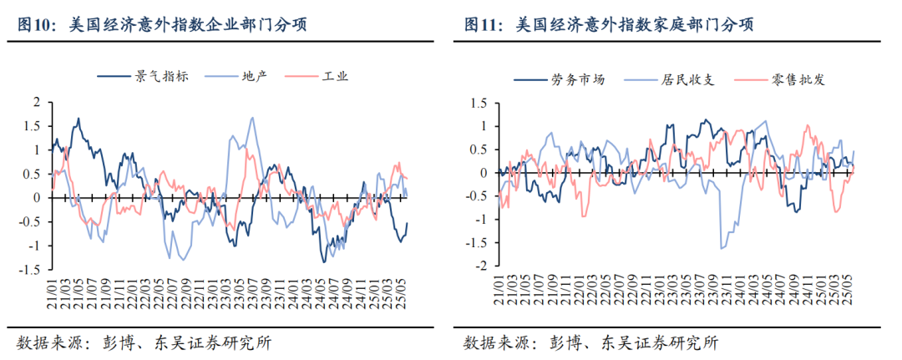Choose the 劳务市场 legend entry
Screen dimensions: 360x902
577,80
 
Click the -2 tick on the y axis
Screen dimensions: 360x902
483,266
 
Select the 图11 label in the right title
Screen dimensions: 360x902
482,25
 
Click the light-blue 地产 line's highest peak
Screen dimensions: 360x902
251,118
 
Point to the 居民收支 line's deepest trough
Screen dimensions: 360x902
722,248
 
